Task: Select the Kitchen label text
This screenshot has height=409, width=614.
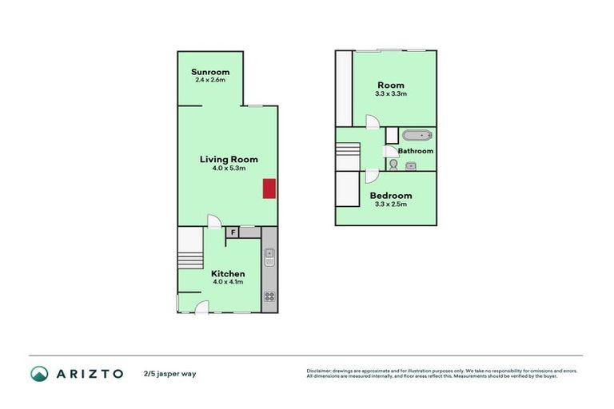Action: point(229,274)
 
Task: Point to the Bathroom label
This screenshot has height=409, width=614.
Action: point(416,151)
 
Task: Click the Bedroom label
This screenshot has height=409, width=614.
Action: point(392,196)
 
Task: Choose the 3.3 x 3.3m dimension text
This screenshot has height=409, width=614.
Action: point(391,93)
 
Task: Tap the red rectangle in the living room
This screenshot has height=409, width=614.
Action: point(269,188)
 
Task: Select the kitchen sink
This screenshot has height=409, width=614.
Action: point(269,256)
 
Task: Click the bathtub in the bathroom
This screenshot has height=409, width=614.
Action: point(417,136)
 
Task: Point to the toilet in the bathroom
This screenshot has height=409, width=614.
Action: point(393,165)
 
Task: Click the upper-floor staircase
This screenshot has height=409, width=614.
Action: point(348,156)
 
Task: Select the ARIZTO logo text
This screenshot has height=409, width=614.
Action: point(89,373)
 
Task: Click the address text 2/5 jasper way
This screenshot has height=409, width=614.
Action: point(169,374)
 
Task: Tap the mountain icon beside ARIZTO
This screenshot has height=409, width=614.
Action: point(39,373)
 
